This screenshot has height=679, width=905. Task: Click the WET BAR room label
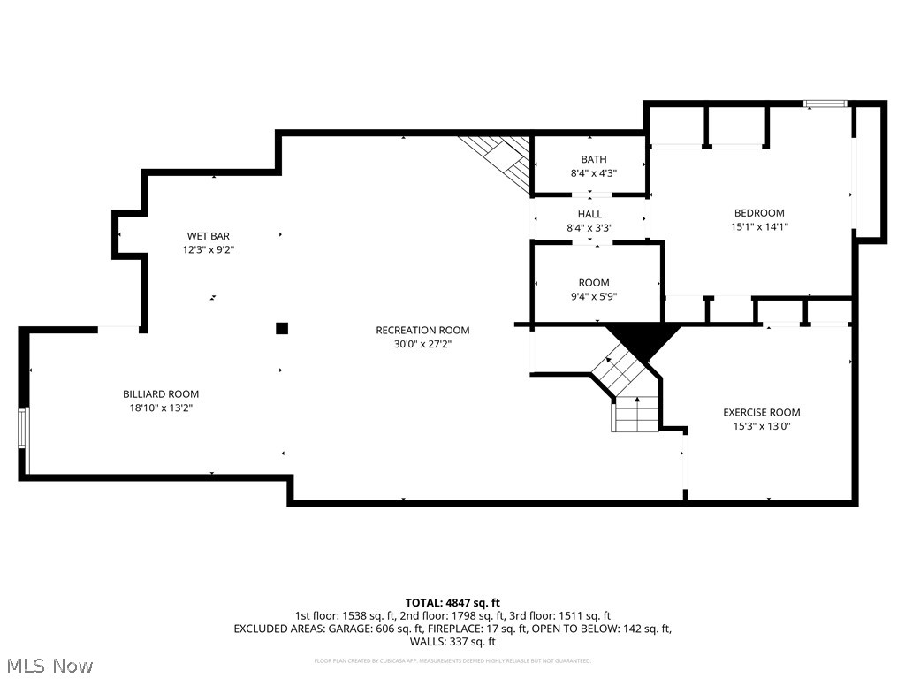(x=209, y=236)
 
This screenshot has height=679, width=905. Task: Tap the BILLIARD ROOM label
(x=161, y=394)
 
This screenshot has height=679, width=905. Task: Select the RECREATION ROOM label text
(x=422, y=331)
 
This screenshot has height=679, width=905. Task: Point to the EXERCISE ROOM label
(x=761, y=412)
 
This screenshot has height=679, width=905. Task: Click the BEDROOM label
(x=759, y=213)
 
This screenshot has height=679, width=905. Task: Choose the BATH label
(x=593, y=159)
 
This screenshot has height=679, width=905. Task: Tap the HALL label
(x=589, y=214)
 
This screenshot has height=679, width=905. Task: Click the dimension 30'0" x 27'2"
(x=422, y=345)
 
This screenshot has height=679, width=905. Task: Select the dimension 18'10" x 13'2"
(x=161, y=408)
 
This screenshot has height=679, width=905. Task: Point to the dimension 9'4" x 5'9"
(x=593, y=297)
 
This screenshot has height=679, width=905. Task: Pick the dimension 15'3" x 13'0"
(x=761, y=426)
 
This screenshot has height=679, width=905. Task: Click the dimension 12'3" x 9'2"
(x=209, y=250)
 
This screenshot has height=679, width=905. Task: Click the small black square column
(x=282, y=329)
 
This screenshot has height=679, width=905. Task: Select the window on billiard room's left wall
(x=25, y=440)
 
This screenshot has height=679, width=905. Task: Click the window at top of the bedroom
(x=825, y=104)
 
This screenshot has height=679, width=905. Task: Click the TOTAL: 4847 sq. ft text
(x=452, y=603)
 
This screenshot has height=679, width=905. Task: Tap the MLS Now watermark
(x=49, y=665)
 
